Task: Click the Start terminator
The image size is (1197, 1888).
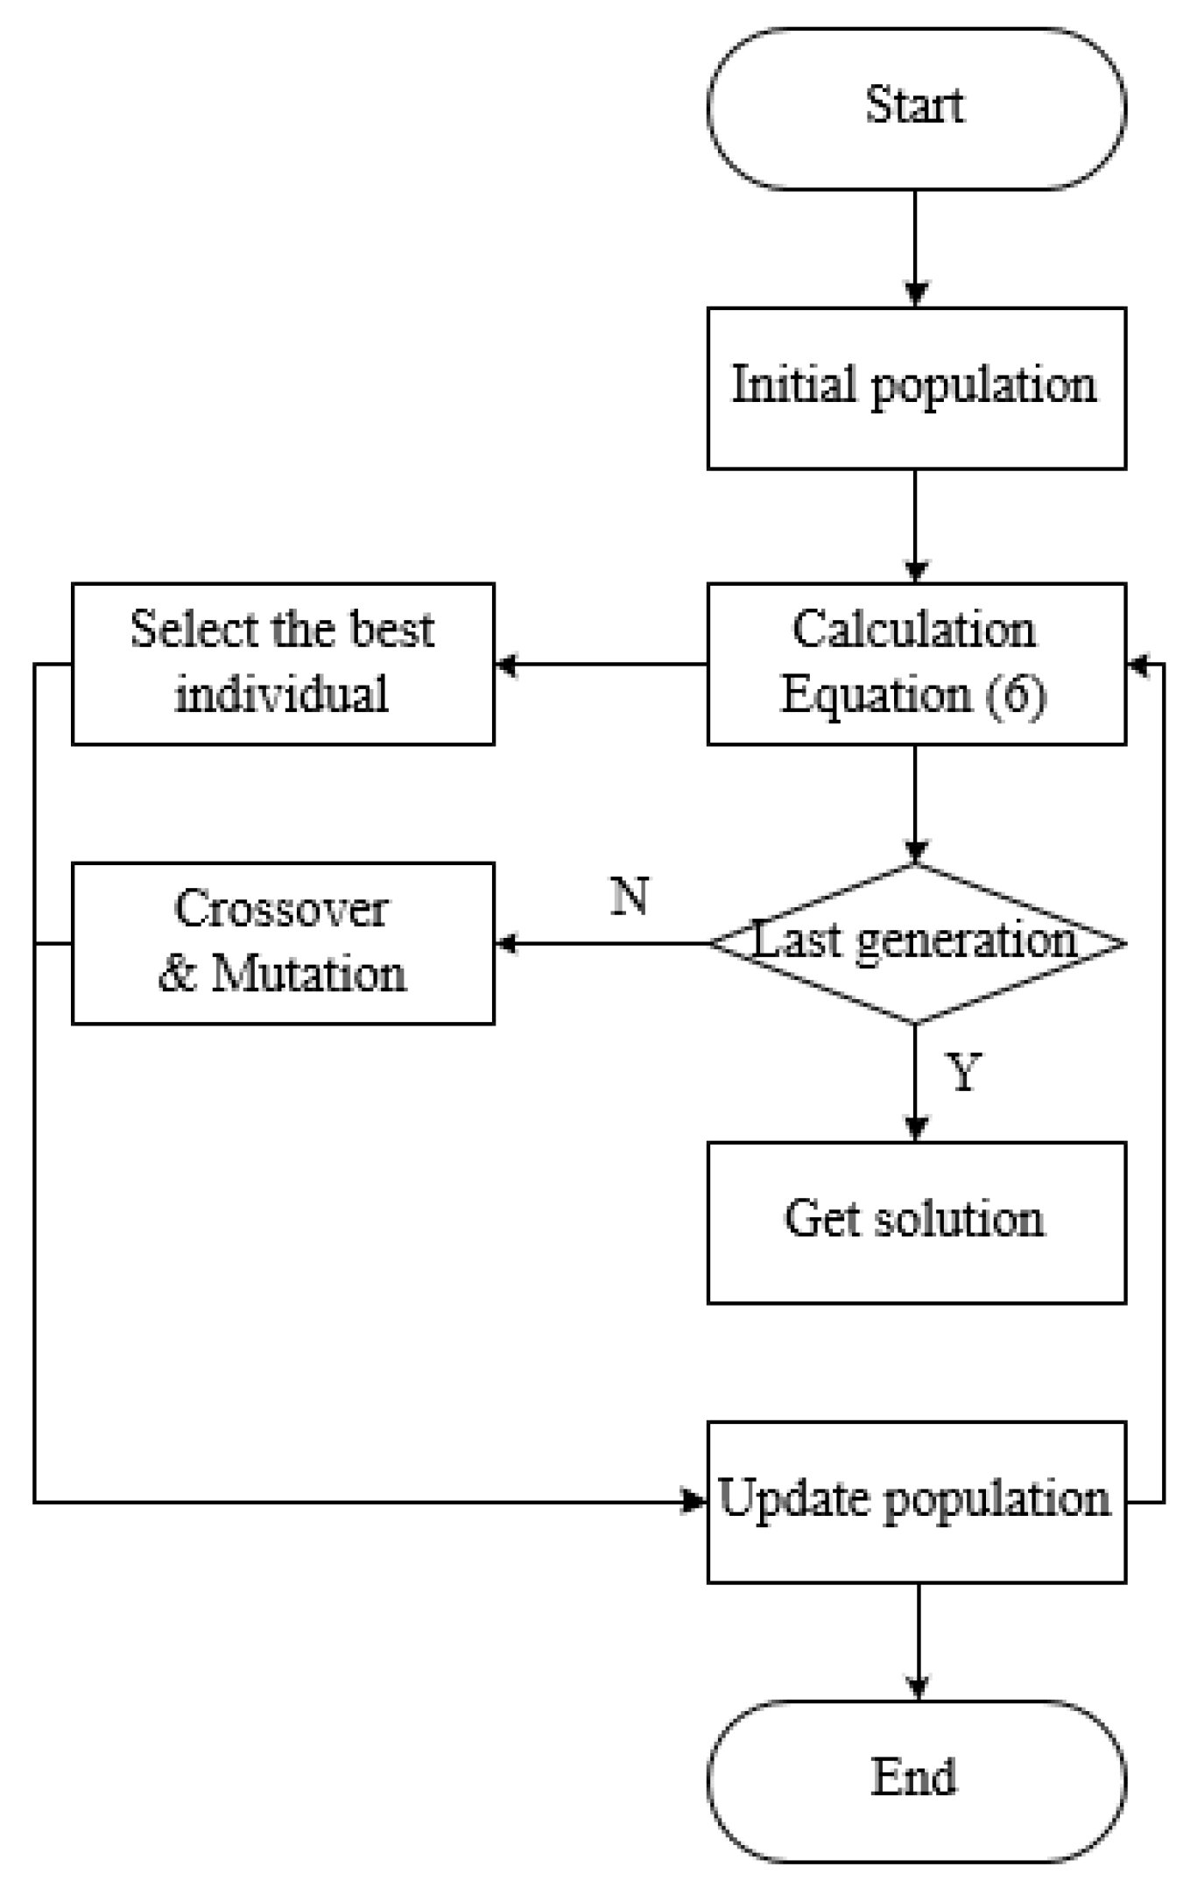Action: point(916,108)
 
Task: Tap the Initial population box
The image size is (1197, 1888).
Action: point(916,388)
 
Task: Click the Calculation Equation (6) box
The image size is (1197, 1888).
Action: point(916,664)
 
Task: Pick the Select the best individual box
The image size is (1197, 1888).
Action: point(283,664)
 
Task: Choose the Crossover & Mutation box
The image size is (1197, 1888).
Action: point(283,943)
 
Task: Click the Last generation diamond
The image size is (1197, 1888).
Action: point(916,943)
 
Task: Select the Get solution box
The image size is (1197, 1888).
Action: point(916,1222)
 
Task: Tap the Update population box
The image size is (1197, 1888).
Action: point(916,1502)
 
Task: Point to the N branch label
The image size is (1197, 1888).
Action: point(630,897)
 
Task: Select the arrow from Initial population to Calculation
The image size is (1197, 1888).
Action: point(916,525)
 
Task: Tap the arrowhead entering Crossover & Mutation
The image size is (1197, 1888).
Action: point(505,943)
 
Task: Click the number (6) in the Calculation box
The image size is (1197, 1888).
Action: point(1016,697)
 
